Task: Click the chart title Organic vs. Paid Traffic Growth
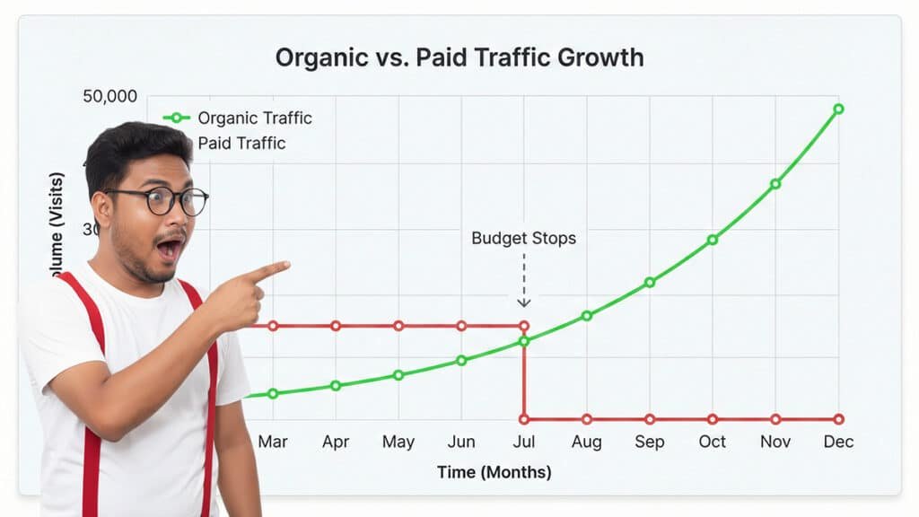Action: [459, 57]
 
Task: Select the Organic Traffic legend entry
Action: [254, 118]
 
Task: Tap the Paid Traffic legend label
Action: [241, 143]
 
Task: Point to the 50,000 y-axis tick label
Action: [109, 97]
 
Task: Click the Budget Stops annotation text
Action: [523, 239]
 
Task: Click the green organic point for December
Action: [838, 109]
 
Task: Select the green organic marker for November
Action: [775, 184]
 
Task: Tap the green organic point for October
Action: [713, 240]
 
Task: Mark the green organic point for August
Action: [587, 315]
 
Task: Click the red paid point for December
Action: [838, 419]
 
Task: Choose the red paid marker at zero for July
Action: [524, 419]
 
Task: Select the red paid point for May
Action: [398, 326]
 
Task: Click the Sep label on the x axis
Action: [649, 442]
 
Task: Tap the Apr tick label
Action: [336, 442]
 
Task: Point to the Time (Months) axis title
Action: [494, 472]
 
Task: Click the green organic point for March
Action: [273, 393]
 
